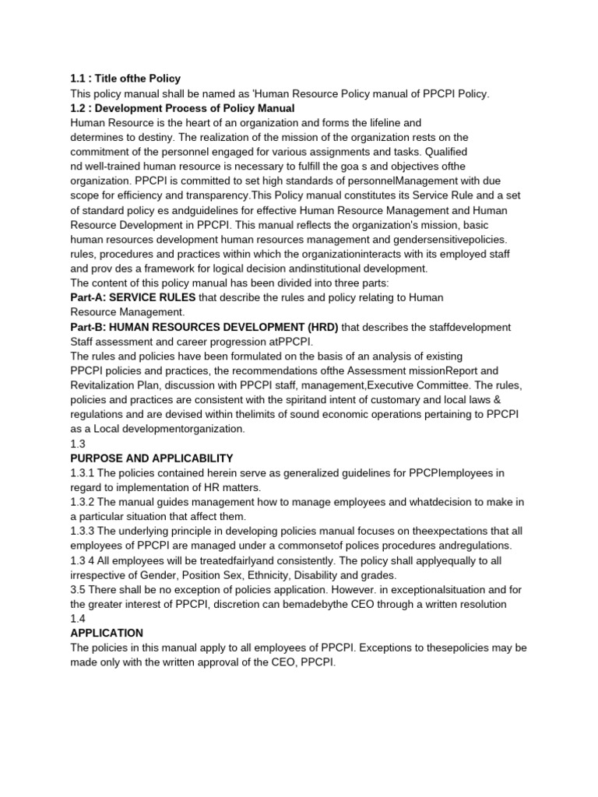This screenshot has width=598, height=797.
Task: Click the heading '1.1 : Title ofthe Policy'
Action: click(x=125, y=79)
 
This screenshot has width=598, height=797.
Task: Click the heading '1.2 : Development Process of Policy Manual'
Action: click(x=182, y=108)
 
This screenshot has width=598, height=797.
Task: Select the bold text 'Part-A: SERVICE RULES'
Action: click(x=133, y=297)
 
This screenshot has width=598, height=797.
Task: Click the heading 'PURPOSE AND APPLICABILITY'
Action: click(x=152, y=458)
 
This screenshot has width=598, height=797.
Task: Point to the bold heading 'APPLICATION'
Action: click(x=107, y=634)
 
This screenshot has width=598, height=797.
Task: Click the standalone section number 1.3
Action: click(x=78, y=444)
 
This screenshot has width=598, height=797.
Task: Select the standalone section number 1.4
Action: click(x=78, y=619)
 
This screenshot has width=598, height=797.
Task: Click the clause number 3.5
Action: click(x=78, y=590)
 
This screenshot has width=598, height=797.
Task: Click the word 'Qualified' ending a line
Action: click(x=445, y=153)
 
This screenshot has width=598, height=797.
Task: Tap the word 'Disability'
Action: click(x=349, y=575)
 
